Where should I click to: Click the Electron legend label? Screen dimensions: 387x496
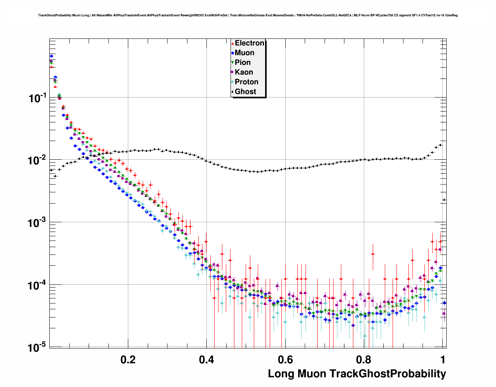(250, 43)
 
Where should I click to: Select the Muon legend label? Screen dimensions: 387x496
(245, 53)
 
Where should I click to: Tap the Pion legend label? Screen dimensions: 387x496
(243, 63)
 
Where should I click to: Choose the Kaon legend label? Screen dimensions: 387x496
(244, 72)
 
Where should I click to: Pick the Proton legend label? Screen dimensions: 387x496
(246, 82)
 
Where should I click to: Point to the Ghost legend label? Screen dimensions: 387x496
(245, 92)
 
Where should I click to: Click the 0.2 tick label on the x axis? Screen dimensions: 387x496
(128, 359)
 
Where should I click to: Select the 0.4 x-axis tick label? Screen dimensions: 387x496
(206, 359)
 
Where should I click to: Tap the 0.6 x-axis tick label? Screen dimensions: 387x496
(285, 359)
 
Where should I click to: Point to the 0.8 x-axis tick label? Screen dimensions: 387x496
(364, 359)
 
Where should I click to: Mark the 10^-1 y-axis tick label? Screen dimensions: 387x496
(38, 98)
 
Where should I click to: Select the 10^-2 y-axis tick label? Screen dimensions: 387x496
(38, 160)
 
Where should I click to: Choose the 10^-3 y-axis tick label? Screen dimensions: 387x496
(38, 223)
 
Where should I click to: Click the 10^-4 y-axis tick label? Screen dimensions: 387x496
(38, 285)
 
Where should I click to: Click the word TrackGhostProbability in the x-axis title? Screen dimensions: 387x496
(388, 374)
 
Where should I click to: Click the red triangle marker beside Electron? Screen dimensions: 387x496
(232, 44)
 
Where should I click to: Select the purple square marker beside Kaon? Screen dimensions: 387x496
(232, 72)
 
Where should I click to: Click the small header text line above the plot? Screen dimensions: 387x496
(248, 16)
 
